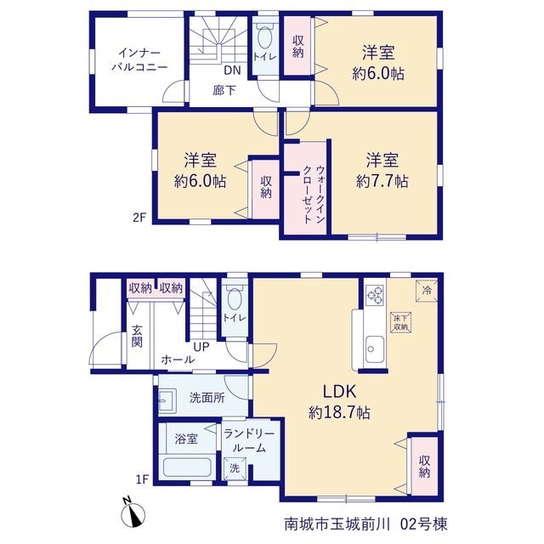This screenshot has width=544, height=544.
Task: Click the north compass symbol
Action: click(133, 513)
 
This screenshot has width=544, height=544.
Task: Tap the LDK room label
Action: click(340, 391)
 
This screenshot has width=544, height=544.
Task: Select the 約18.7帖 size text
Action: click(339, 412)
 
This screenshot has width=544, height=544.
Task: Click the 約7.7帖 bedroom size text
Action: click(382, 181)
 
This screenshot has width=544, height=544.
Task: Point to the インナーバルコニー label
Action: click(139, 60)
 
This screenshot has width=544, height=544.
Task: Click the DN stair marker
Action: click(232, 71)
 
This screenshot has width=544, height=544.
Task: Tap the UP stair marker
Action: click(201, 347)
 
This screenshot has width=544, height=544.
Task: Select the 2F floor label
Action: click(139, 218)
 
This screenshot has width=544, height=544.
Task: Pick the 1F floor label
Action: click(142, 479)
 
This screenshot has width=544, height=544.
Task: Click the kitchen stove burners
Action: click(376, 295)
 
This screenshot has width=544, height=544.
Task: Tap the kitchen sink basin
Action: click(375, 349)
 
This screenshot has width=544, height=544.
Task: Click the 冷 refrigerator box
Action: click(427, 291)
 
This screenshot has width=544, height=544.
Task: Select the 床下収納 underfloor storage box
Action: click(400, 323)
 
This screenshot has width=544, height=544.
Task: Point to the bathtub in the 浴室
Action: click(187, 467)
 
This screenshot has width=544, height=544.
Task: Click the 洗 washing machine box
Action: click(235, 468)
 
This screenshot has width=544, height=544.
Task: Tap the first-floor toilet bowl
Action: click(235, 298)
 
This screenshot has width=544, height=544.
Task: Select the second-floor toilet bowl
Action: click(265, 37)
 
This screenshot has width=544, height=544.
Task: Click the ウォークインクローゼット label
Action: click(314, 195)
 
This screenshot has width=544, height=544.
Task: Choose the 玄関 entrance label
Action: click(137, 336)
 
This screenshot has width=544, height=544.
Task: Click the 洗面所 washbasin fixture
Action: click(168, 400)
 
